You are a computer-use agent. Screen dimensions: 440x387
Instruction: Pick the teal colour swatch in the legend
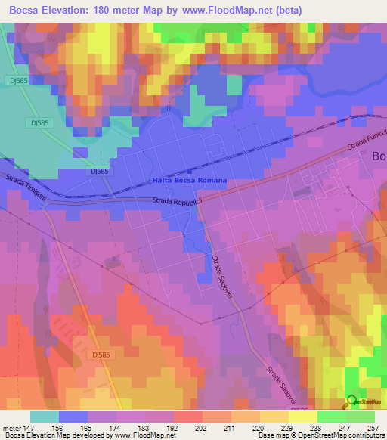tap(45, 417)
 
